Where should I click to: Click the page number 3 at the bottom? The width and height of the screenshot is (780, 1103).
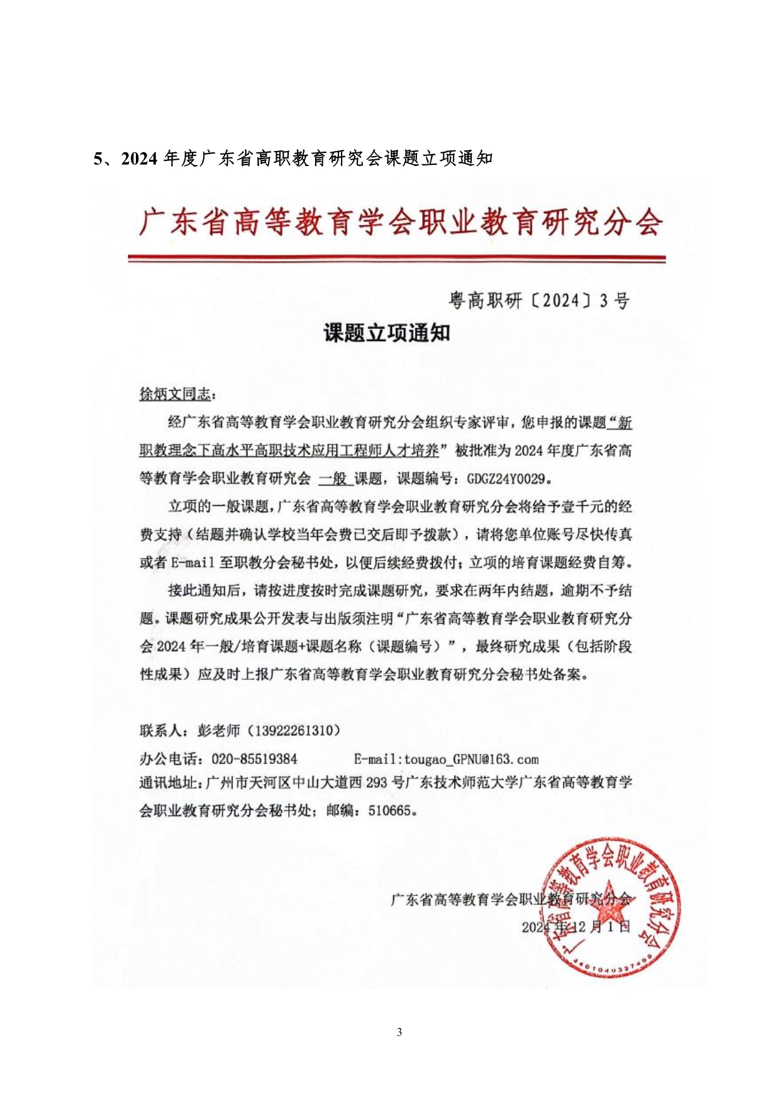[x=399, y=1032]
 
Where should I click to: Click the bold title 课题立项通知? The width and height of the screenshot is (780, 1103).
[x=387, y=332]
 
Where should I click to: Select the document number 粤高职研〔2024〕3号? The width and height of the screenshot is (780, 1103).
[x=539, y=301]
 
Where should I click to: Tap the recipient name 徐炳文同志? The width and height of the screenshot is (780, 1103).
[x=175, y=395]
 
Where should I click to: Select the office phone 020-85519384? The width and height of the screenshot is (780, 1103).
[x=254, y=759]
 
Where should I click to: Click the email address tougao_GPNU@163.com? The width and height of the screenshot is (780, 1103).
[x=471, y=759]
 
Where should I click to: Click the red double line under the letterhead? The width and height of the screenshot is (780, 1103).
[x=396, y=259]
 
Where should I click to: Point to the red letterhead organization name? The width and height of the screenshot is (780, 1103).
[x=401, y=222]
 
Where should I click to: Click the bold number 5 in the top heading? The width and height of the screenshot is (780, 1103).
[x=97, y=159]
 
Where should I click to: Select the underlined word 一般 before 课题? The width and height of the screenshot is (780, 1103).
[x=334, y=479]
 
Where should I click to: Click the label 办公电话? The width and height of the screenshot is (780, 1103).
[x=168, y=759]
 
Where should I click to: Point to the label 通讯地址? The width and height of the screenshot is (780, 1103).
[x=168, y=783]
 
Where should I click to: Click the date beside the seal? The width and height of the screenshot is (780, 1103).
[x=576, y=927]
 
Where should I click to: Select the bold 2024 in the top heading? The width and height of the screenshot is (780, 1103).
[x=138, y=159]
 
